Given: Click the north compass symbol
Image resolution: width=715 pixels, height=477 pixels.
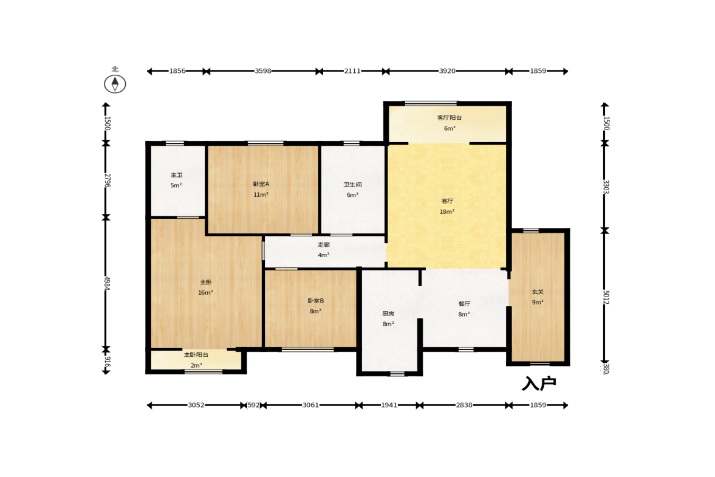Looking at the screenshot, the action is point(115,84).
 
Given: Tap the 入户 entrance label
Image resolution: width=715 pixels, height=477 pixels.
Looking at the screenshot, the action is point(539,383).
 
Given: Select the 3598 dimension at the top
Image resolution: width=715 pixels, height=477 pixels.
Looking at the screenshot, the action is point(262,71).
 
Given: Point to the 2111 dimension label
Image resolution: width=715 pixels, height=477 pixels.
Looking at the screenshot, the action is point(352,71).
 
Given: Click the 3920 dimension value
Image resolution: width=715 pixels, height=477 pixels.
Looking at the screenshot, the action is point(447,71).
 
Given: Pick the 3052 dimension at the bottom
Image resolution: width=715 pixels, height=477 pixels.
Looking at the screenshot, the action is point(196,405).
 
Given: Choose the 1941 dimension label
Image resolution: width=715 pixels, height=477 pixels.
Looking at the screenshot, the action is point(389,405).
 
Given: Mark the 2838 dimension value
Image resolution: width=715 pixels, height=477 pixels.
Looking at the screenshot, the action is point(464,405).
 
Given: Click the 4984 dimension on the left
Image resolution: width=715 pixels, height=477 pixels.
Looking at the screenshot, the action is point(107,284).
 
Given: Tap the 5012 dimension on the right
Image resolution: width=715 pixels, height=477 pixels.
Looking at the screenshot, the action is point(606,297).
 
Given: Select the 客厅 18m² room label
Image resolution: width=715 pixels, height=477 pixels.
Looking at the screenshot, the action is point(447,206).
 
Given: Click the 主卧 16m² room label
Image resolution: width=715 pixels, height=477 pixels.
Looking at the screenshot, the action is point(205,287).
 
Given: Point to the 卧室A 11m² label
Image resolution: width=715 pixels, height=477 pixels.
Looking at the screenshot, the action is point(261,189).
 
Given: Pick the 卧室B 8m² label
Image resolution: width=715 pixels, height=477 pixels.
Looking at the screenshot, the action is point(315,306).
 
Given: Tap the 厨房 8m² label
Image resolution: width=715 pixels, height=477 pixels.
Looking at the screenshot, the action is point(388,319).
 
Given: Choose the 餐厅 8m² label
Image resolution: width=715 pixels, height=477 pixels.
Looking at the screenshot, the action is point(464,309).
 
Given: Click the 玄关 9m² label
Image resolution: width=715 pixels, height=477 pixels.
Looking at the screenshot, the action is point(538,297).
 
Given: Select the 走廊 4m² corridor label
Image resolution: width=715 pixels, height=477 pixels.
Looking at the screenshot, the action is point(323,250).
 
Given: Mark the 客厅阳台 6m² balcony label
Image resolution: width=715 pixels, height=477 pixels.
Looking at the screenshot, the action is point(450,123).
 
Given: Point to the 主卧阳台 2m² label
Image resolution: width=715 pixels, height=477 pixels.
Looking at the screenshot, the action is point(196,360).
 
